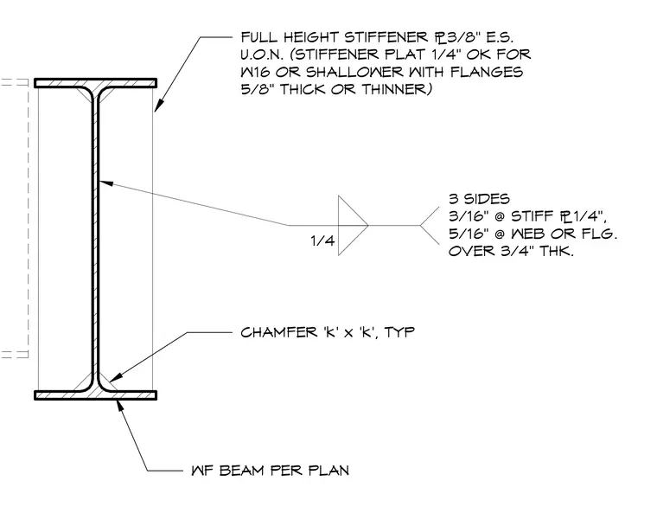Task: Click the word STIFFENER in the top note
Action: (x=386, y=37)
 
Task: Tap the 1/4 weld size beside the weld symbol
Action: (x=322, y=240)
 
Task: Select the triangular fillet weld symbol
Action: (x=353, y=225)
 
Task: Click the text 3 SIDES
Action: (x=479, y=198)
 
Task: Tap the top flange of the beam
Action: (x=96, y=83)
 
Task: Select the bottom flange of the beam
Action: (x=96, y=395)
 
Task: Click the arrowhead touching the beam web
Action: (x=106, y=183)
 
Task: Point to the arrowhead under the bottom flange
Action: (x=120, y=405)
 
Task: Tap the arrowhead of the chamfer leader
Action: (x=115, y=375)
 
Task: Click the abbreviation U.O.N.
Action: (x=261, y=55)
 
